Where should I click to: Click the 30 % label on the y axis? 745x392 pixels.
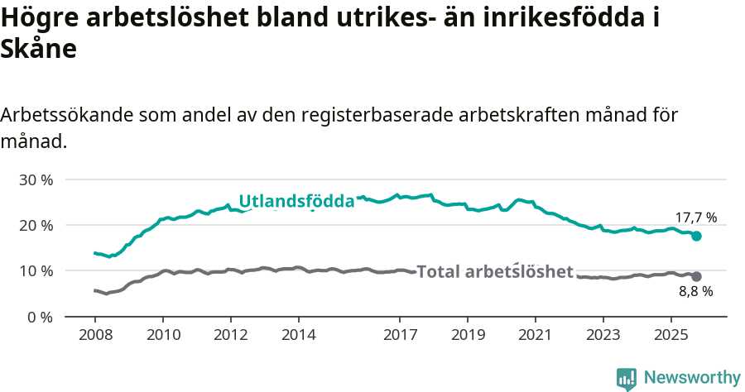pos(36,179)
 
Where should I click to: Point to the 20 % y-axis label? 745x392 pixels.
pos(36,225)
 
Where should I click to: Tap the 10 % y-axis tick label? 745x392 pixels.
pos(36,271)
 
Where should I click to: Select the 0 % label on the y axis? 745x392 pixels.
pos(40,317)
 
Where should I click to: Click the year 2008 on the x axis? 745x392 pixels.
pos(95,337)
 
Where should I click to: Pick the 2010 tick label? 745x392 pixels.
pos(163,337)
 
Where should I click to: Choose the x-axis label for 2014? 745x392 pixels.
pos(299,337)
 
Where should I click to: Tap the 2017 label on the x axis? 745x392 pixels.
pos(400,337)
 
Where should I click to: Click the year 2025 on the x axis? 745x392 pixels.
pos(670,337)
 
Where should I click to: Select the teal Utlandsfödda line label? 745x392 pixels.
pos(296,201)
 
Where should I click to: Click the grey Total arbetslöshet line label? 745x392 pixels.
pos(495,271)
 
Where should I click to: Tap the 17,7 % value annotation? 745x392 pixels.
pos(696,218)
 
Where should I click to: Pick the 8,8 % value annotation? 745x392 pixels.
pos(696,291)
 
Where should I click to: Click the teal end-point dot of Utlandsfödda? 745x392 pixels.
pos(697,236)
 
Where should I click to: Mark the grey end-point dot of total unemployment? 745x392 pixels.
pos(697,276)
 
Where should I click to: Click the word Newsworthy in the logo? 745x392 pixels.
pos(692,378)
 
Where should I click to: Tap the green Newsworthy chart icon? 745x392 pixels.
pos(627,379)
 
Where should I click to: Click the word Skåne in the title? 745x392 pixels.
pos(39,49)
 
